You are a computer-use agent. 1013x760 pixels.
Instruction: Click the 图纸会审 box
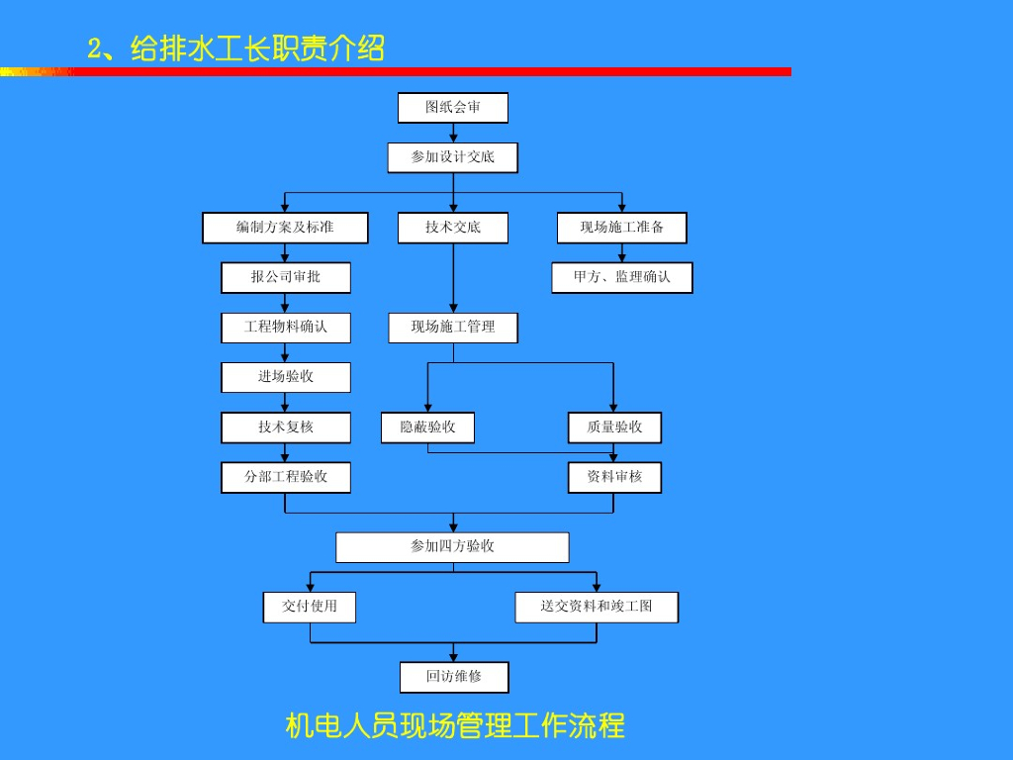click(x=453, y=108)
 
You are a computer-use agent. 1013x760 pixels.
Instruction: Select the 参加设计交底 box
click(x=453, y=157)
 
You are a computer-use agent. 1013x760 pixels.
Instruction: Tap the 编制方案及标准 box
click(x=285, y=228)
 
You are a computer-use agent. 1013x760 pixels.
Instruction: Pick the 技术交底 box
click(x=453, y=228)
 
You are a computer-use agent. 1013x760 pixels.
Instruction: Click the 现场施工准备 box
click(x=621, y=228)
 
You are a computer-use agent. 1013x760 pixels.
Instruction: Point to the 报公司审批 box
click(x=285, y=278)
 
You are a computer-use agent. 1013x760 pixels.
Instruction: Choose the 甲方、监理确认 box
click(x=621, y=278)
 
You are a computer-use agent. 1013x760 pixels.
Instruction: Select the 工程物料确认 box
click(x=285, y=328)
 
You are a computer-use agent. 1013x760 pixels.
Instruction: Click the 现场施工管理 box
click(x=453, y=328)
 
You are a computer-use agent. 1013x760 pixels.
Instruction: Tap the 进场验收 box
click(x=285, y=377)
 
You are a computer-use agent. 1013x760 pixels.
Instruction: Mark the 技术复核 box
click(x=285, y=427)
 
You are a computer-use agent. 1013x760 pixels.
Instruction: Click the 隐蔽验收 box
click(x=427, y=427)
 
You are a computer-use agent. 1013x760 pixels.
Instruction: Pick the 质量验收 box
click(x=614, y=427)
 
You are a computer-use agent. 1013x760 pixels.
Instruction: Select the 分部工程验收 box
click(x=285, y=478)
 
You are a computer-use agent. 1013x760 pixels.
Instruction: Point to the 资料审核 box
click(x=614, y=478)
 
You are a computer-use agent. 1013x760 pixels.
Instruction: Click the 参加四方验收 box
click(x=453, y=547)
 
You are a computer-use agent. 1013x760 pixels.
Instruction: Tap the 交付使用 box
click(x=310, y=607)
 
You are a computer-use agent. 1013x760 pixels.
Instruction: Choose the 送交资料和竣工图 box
click(x=597, y=607)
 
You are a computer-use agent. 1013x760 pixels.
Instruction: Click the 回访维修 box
click(x=454, y=678)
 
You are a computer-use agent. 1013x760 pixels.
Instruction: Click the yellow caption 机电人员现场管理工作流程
click(x=455, y=725)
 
